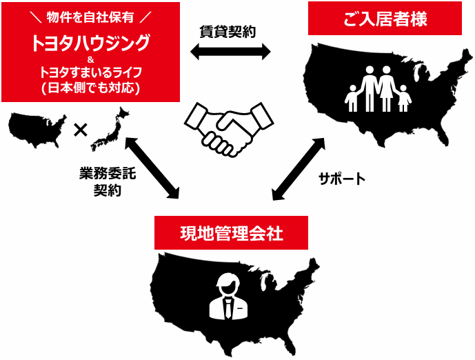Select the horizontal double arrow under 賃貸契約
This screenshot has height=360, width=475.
pyautogui.click(x=230, y=50)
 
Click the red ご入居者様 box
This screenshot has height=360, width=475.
pyautogui.click(x=385, y=18)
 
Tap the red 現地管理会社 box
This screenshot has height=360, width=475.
pyautogui.click(x=230, y=233)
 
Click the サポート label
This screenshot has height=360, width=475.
pyautogui.click(x=342, y=179)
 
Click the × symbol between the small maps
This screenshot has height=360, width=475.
pyautogui.click(x=80, y=129)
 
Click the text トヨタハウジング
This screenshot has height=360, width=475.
pyautogui.click(x=90, y=43)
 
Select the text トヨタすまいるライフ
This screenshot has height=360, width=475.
pyautogui.click(x=90, y=73)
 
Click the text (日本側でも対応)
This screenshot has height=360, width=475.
pyautogui.click(x=90, y=88)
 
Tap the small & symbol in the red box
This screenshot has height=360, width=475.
pyautogui.click(x=90, y=60)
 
